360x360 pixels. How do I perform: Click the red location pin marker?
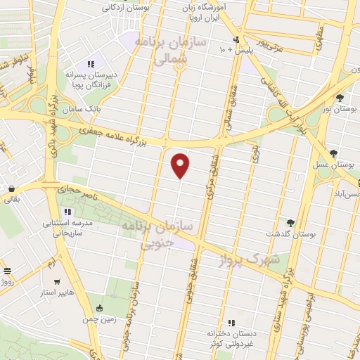pyautogui.click(x=181, y=165)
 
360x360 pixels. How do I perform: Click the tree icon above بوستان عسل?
pyautogui.click(x=333, y=153)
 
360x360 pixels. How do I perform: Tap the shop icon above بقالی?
pyautogui.click(x=13, y=188)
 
